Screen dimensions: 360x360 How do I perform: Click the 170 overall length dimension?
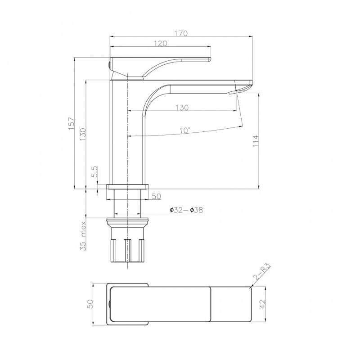[x=181, y=33]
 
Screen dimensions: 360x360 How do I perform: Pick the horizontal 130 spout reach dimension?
[x=182, y=108]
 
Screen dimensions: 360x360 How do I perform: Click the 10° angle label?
[x=184, y=130]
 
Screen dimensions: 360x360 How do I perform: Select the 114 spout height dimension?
[x=256, y=143]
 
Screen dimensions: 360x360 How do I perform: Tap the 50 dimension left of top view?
[x=90, y=304]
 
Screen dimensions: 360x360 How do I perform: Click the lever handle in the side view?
[x=171, y=63]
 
